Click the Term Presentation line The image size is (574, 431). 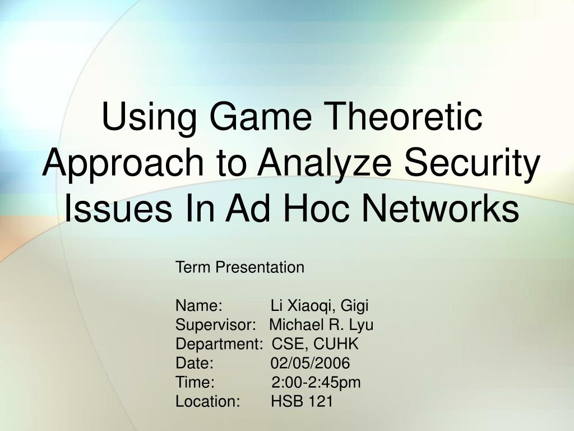point(240,267)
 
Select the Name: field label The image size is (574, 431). point(199,306)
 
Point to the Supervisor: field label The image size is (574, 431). point(216,325)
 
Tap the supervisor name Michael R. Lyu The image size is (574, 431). point(321,325)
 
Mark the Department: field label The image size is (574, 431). point(219,345)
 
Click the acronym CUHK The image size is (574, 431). point(336,344)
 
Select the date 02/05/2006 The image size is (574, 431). point(311,363)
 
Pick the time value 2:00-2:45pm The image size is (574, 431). point(316,383)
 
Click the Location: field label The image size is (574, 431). point(207,401)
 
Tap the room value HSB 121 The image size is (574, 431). point(302,401)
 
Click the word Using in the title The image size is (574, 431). point(149,118)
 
